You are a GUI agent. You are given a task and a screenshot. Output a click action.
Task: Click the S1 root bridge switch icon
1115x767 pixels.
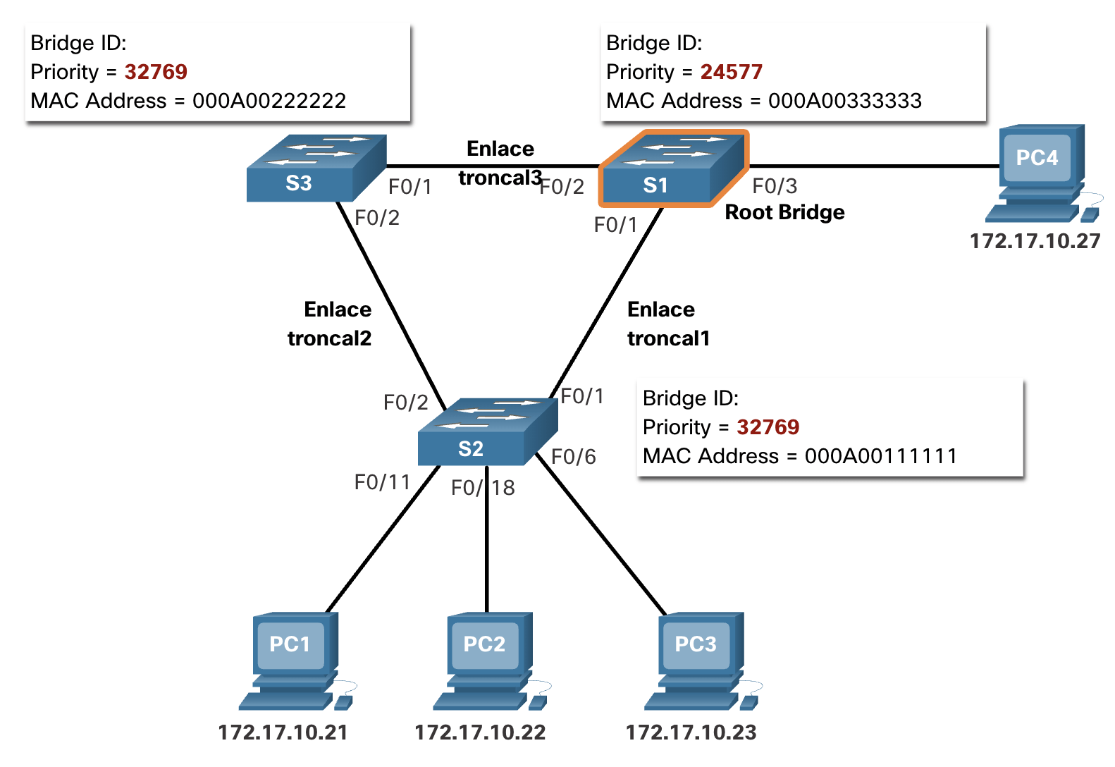pos(674,168)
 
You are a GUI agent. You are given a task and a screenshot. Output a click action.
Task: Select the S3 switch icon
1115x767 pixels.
pos(316,168)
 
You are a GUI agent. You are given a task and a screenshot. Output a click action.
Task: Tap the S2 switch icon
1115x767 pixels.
pos(488,431)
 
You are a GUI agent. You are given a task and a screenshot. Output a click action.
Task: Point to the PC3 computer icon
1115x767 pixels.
pos(703,661)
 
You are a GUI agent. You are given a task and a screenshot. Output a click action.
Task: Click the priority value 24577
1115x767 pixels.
pos(731,72)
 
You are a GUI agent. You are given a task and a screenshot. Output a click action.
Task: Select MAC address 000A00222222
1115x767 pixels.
pos(269,101)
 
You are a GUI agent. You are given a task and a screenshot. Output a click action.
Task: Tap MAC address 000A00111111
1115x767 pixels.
pos(881,456)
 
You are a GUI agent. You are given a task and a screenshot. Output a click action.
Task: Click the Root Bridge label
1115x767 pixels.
pos(784,212)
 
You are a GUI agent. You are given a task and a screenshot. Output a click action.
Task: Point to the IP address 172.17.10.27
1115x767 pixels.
pos(1035,241)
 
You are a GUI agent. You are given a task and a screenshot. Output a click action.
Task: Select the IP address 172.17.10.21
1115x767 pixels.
pos(283,732)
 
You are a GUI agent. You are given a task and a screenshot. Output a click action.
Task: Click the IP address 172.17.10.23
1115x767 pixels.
pos(691,732)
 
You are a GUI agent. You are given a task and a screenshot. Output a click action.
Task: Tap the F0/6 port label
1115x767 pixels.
pos(574,457)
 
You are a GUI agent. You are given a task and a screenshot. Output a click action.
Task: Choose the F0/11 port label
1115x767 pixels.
pos(382,482)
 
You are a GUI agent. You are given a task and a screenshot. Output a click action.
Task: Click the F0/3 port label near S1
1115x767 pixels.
pos(775,186)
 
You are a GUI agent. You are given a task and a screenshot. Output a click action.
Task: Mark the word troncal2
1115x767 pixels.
pos(330,338)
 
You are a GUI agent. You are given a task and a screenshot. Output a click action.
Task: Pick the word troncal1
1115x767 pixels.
pos(668,338)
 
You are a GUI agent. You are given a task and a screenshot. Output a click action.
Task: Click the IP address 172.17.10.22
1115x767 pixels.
pos(480,732)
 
